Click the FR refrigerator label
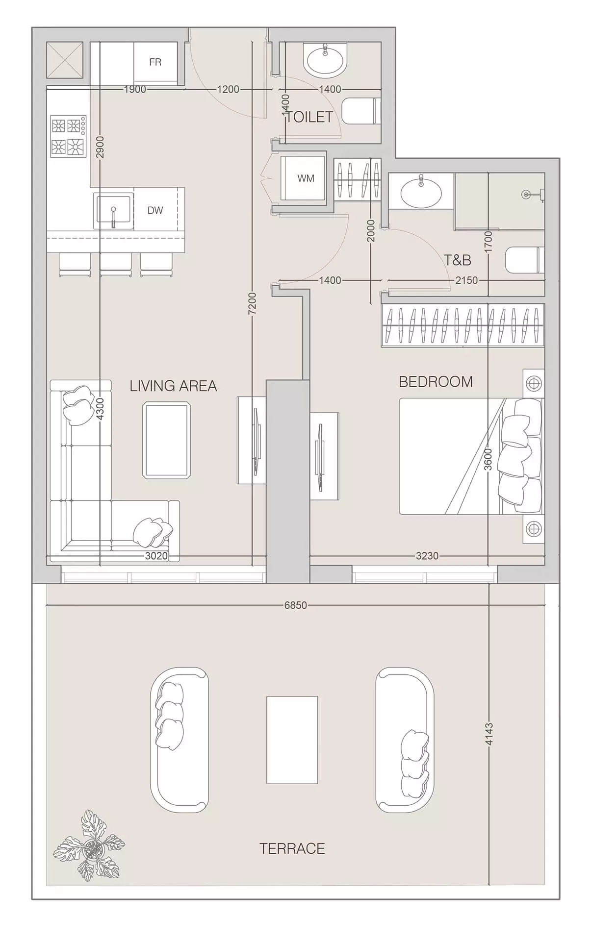(155, 62)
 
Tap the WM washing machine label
(306, 178)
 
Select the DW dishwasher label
(155, 210)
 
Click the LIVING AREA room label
(173, 386)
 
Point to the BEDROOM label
(436, 382)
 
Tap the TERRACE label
(292, 848)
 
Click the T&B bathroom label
(457, 260)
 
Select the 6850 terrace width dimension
(296, 605)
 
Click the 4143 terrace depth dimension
(489, 734)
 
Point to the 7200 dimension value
(252, 304)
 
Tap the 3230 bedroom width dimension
(427, 556)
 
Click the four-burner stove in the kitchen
(68, 136)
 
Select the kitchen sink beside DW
(113, 211)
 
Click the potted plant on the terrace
(89, 845)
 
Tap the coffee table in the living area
(167, 440)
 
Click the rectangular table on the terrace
(292, 740)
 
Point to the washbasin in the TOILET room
(325, 60)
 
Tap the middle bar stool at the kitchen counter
(116, 264)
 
